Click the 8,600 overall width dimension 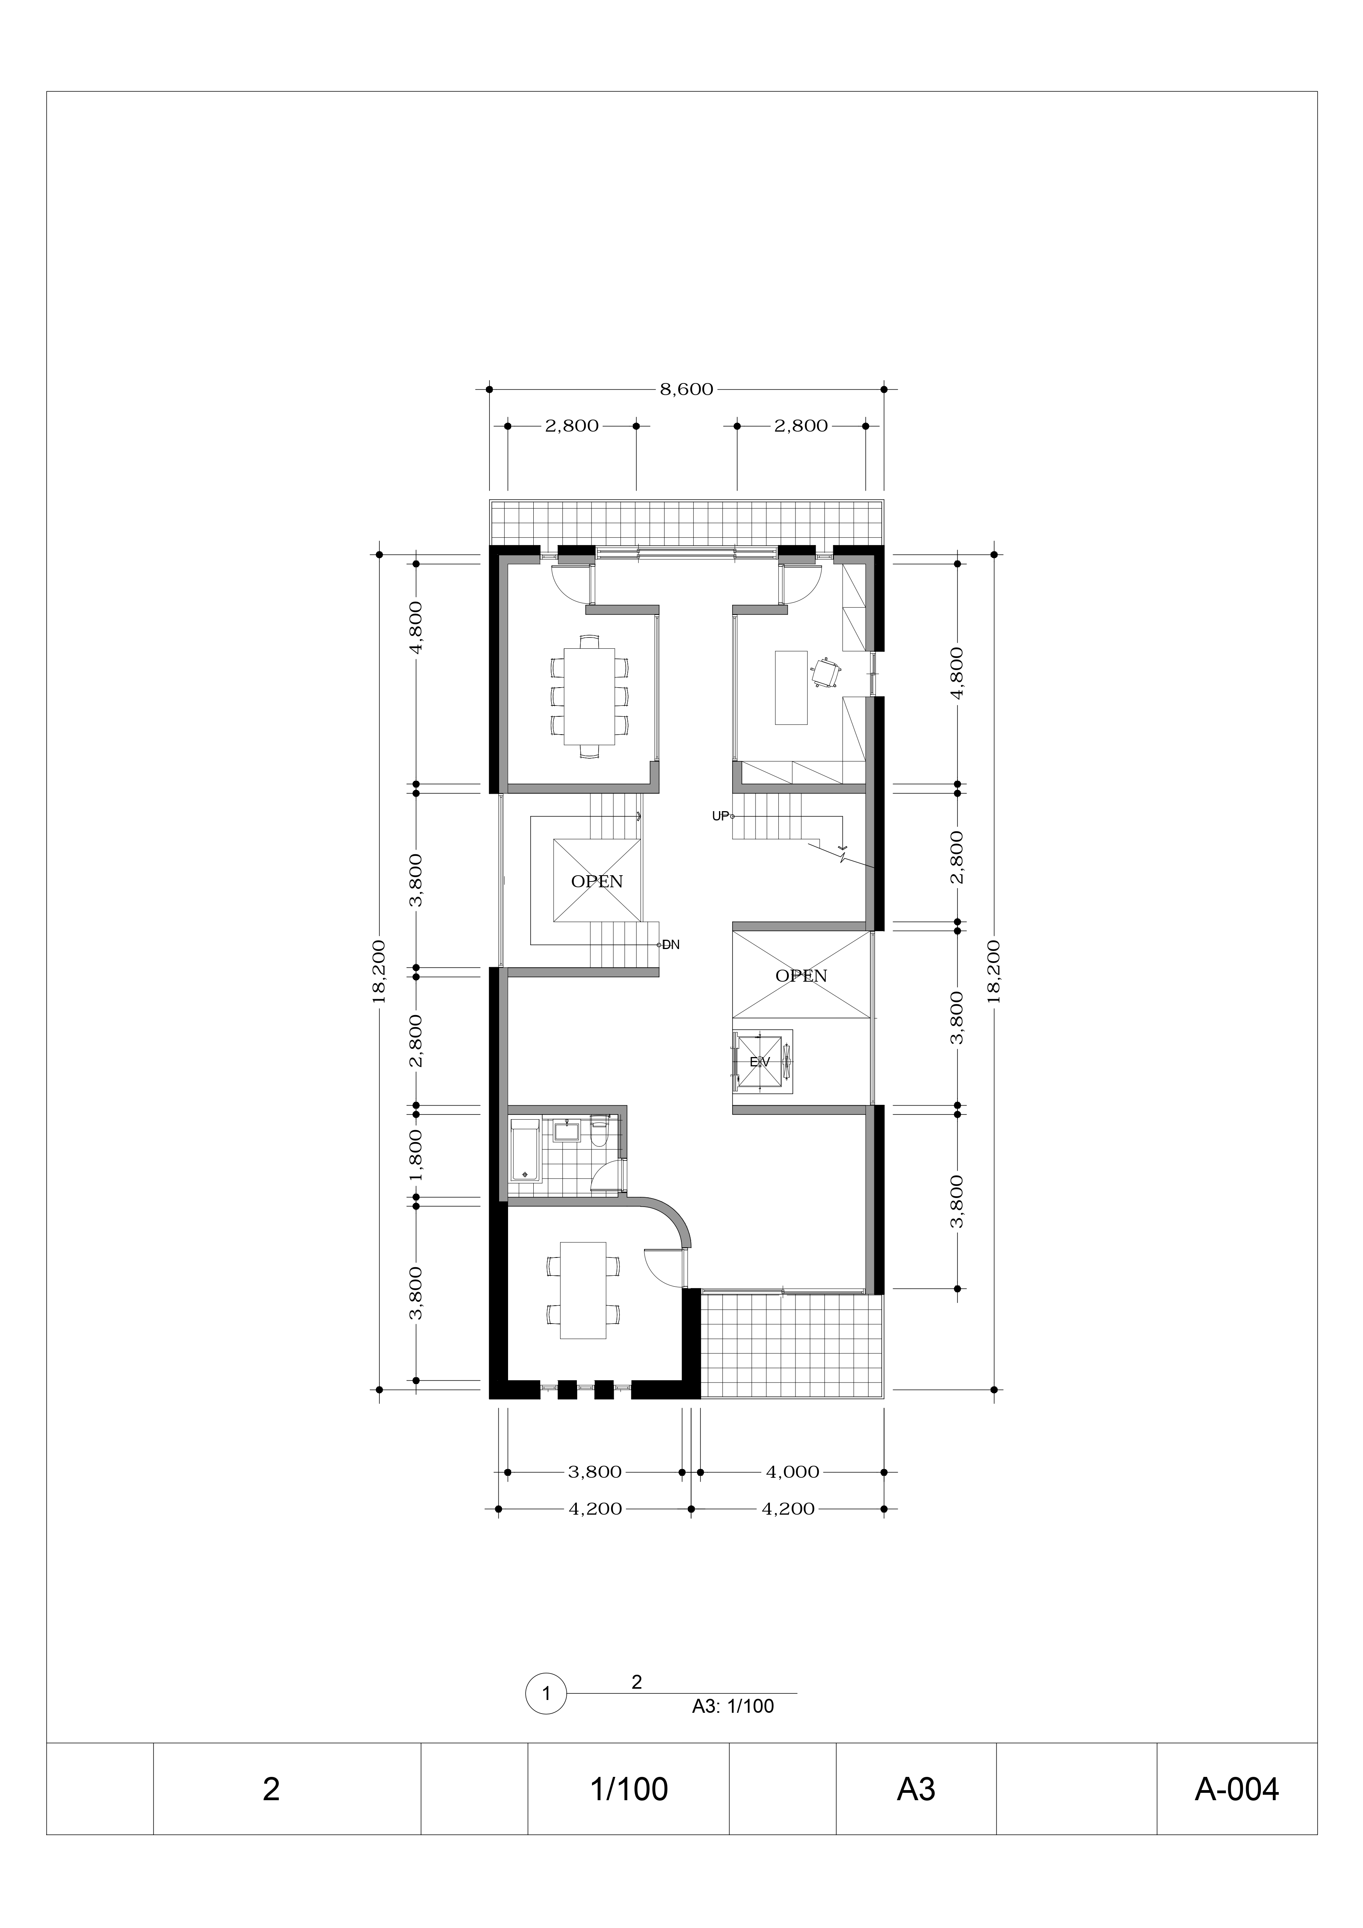tap(686, 389)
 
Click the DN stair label tap(671, 945)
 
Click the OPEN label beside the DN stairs tap(597, 882)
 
